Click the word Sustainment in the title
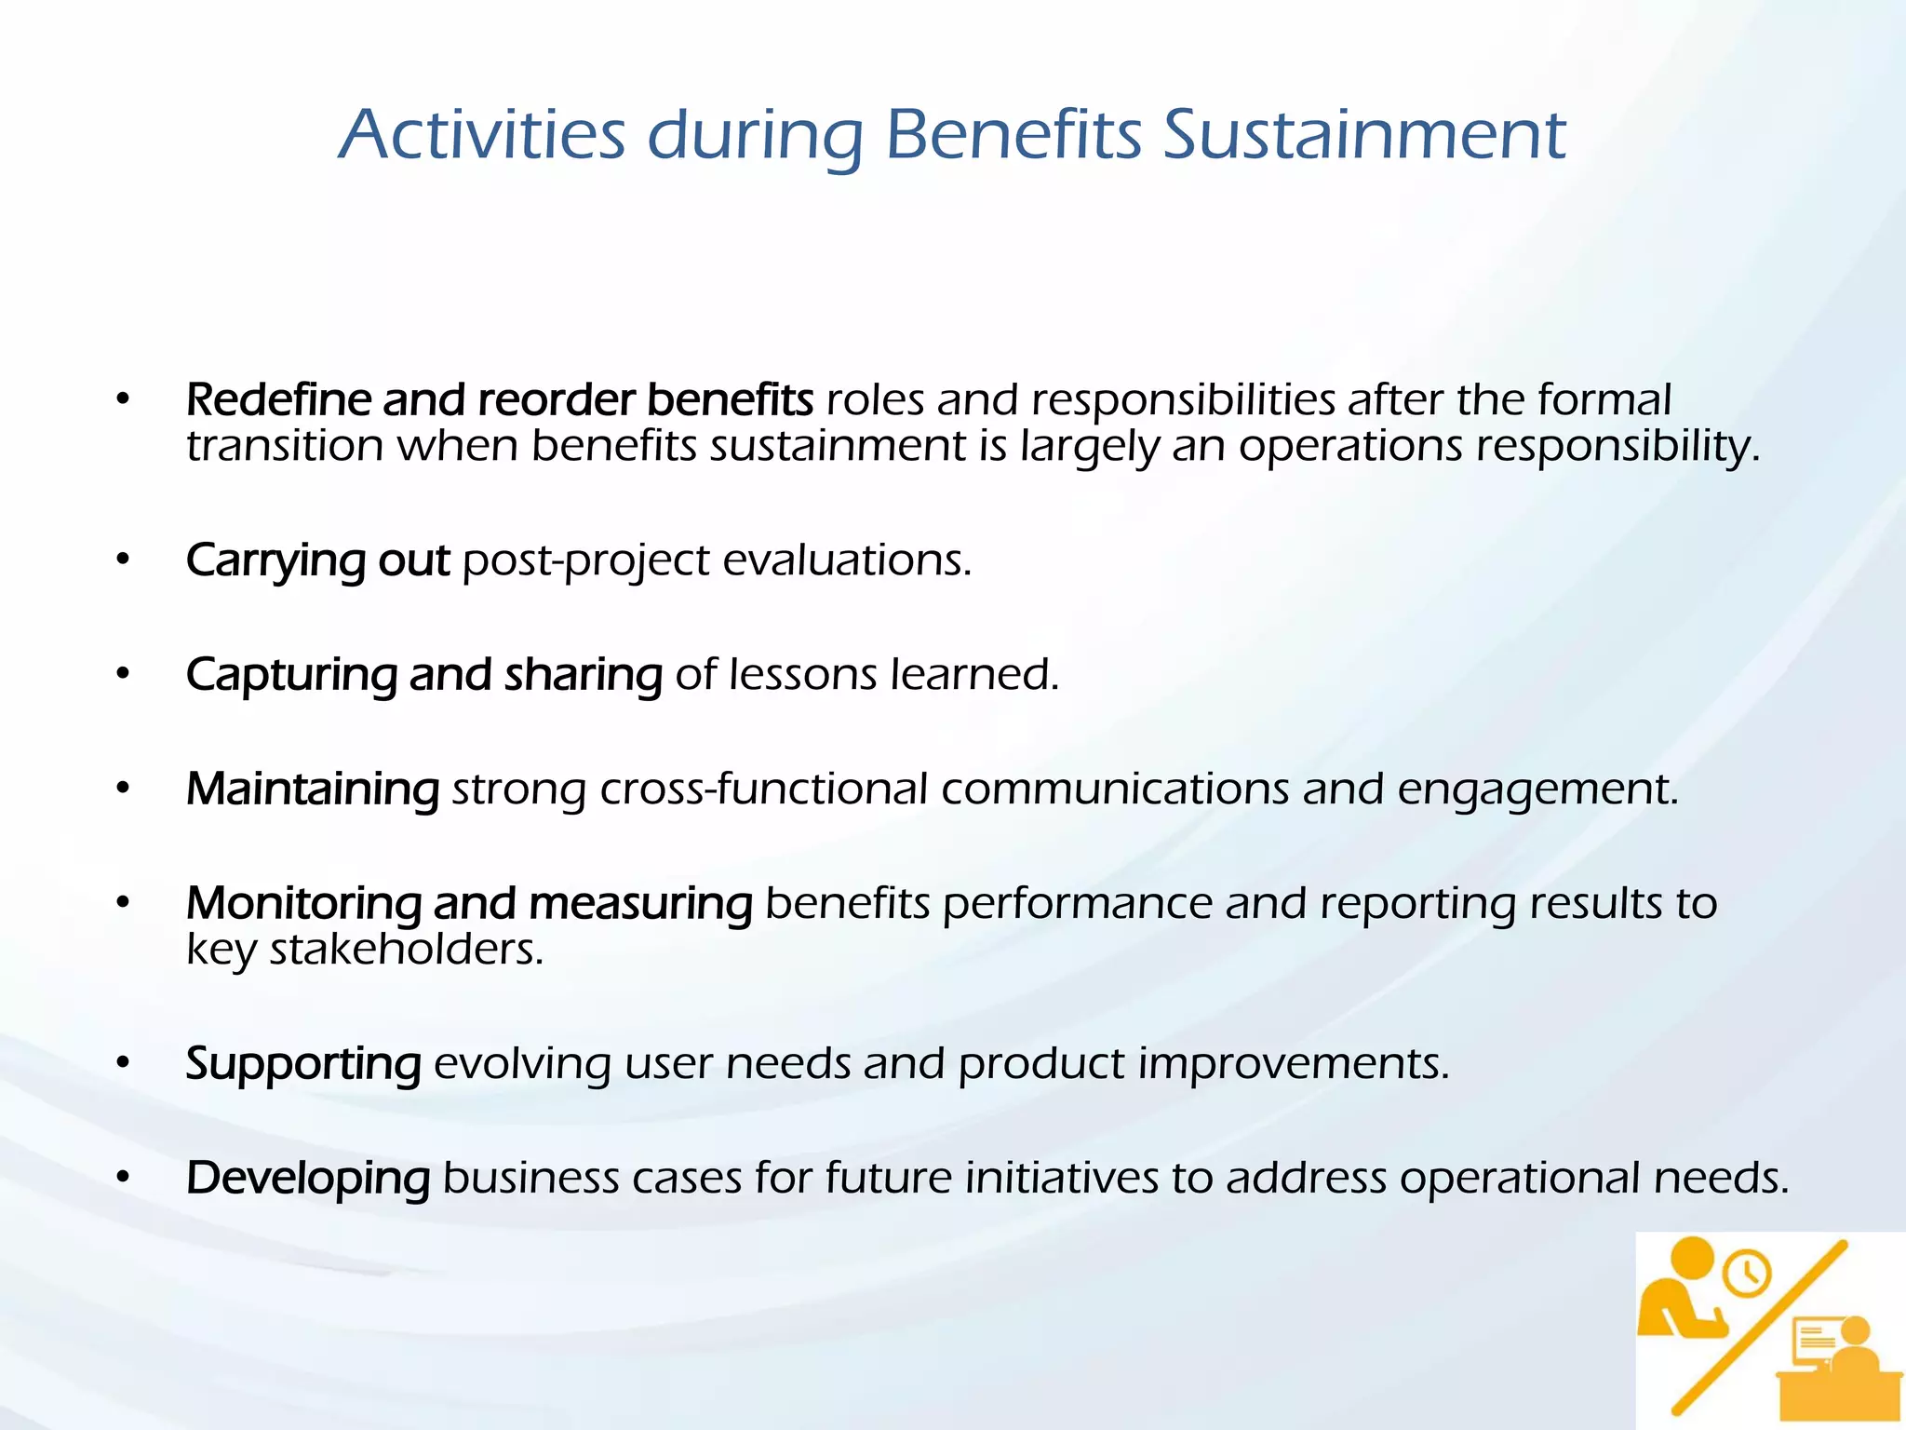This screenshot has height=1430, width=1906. (x=1364, y=135)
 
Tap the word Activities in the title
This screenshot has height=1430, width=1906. (x=481, y=135)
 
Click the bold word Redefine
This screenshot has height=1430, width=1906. (x=278, y=400)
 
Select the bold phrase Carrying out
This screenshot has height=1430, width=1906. (x=317, y=561)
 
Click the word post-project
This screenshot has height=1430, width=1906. (x=586, y=561)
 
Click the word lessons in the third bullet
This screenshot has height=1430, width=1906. (x=802, y=674)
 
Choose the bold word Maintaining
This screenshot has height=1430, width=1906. (x=313, y=789)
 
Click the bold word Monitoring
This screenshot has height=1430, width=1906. (x=303, y=904)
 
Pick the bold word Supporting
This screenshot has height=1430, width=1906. (x=303, y=1064)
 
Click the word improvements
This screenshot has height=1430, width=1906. (x=1294, y=1063)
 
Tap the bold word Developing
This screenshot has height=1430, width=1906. (x=307, y=1179)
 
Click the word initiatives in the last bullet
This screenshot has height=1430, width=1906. (x=1061, y=1178)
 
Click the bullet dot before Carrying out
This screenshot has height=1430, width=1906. (x=123, y=560)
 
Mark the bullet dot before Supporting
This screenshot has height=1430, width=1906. (x=123, y=1063)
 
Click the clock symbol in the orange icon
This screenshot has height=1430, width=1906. (x=1747, y=1273)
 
